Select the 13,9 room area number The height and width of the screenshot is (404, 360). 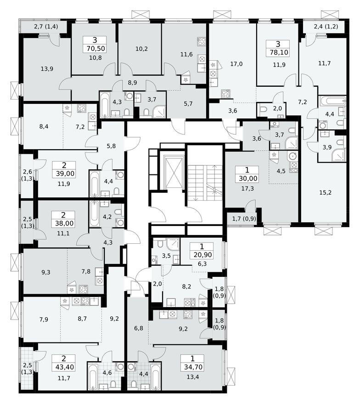coord(46,69)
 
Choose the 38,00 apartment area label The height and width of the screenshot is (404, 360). coord(64,224)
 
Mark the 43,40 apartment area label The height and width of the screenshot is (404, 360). coord(64,367)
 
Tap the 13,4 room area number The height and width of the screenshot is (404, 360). coord(194,377)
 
